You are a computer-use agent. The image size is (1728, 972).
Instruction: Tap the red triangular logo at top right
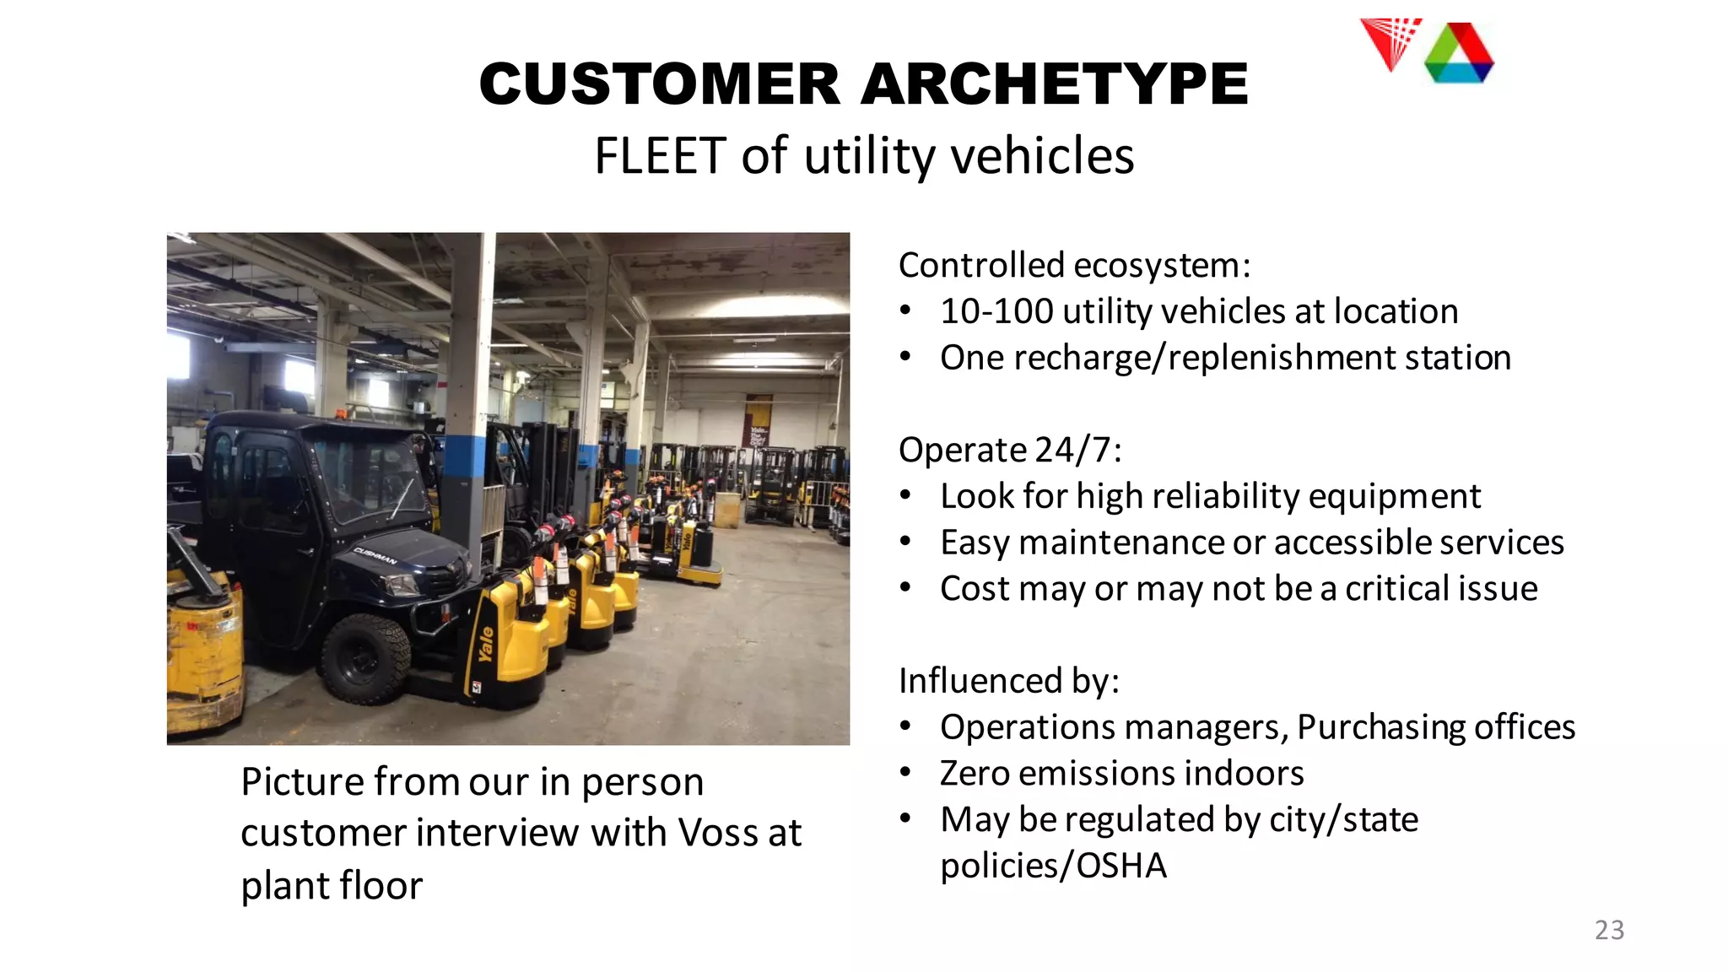1390,42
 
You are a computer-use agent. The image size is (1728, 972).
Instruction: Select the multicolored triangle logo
1459,54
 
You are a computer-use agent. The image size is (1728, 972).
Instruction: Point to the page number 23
1609,930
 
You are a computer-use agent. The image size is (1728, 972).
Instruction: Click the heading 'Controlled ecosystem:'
1074,266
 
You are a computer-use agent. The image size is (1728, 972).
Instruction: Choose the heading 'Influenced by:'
1009,681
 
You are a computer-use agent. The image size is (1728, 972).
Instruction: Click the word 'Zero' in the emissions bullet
975,774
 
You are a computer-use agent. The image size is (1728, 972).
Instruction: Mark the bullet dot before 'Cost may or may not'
905,588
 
